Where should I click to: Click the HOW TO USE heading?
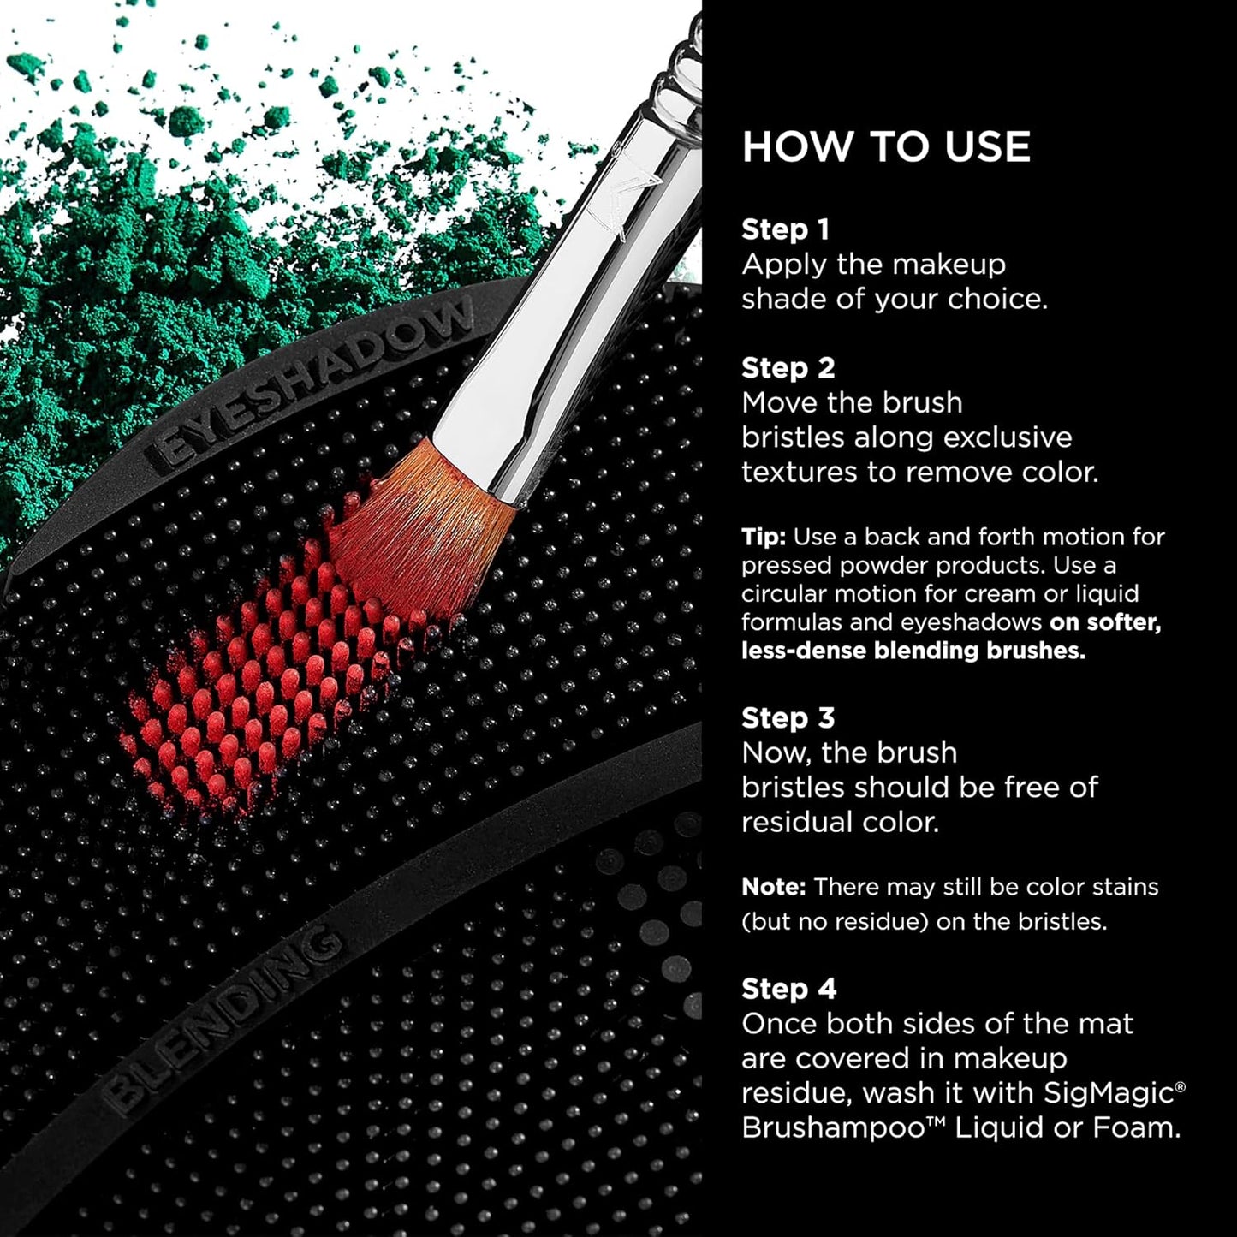886,147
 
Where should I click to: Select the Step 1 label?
785,229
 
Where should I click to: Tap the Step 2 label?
788,368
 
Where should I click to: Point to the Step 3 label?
788,718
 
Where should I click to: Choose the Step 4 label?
788,989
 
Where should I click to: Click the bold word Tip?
763,538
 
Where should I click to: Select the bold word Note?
773,887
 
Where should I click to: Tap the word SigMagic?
1110,1093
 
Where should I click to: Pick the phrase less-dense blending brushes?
913,651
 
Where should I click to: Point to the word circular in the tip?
782,594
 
